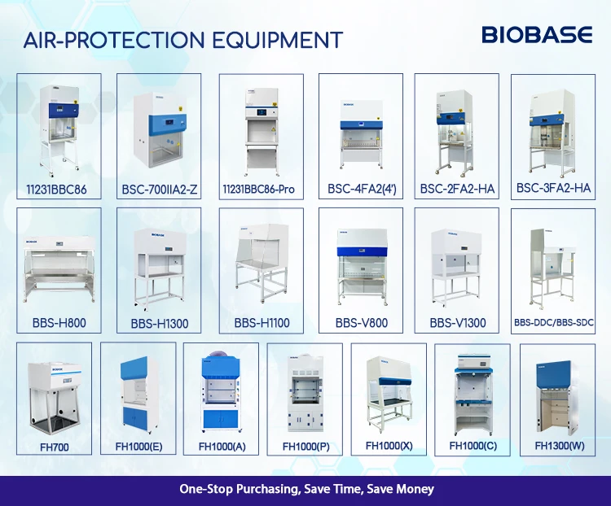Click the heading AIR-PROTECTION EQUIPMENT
(x=183, y=39)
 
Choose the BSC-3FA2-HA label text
(x=553, y=189)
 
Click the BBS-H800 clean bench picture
(x=59, y=260)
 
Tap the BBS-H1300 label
(x=159, y=324)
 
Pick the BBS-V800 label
(x=361, y=323)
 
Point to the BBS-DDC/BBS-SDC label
(x=554, y=323)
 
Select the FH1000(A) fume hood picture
(x=221, y=391)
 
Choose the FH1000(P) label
(x=305, y=447)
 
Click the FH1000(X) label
(x=389, y=446)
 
